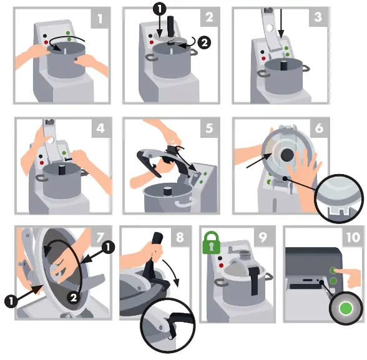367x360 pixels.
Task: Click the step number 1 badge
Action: (x=99, y=18)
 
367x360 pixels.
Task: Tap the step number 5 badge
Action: (x=209, y=128)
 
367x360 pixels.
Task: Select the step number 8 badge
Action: (x=180, y=237)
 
